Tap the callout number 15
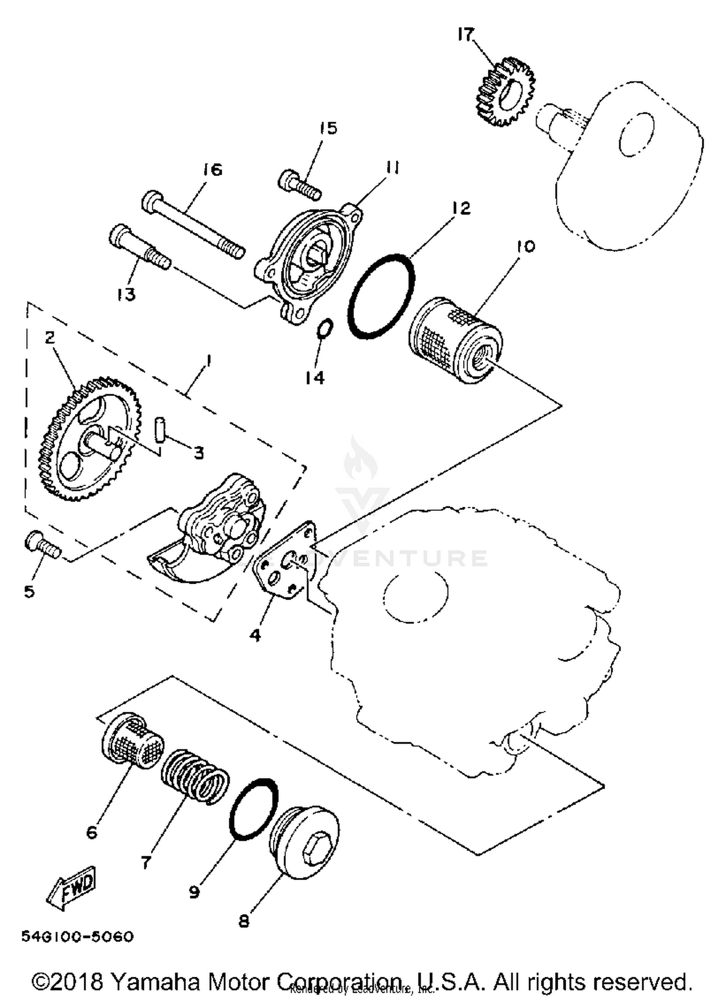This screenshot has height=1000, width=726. (x=328, y=128)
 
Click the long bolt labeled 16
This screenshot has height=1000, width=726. (x=194, y=225)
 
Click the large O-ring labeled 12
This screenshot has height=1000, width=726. (x=381, y=296)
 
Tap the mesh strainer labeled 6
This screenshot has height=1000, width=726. (x=132, y=740)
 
